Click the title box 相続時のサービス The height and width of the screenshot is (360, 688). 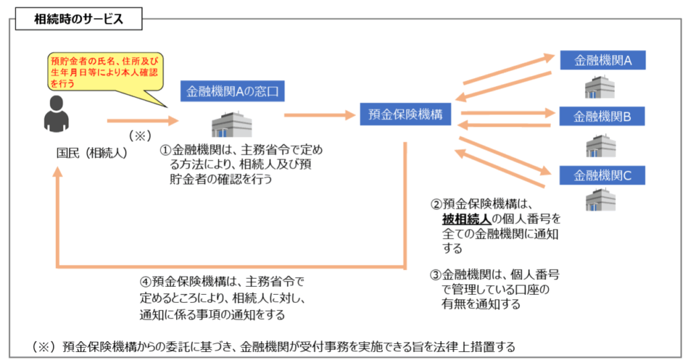point(79,19)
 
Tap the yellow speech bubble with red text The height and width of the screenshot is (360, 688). point(105,73)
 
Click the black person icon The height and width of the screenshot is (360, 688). point(56,114)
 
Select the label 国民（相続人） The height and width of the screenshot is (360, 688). point(91,153)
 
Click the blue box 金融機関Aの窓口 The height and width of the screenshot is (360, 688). point(232,91)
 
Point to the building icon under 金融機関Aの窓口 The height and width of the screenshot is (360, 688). point(232,124)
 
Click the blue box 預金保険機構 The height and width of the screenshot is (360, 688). point(405,114)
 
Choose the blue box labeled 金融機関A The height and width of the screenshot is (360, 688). point(603,60)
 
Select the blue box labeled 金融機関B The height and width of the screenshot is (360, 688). point(602,116)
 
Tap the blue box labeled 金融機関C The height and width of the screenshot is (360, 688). point(602,175)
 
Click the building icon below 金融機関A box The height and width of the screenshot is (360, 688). point(600,87)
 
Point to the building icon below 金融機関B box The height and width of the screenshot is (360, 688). point(601,146)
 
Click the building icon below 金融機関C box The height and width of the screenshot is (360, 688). point(601,199)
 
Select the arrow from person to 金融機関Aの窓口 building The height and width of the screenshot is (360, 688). point(143,121)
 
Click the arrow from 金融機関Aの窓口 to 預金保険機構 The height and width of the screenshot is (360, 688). point(320,116)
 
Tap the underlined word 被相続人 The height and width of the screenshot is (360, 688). point(466,219)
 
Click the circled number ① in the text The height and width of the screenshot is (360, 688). point(165,150)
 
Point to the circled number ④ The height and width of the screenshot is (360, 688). point(145,281)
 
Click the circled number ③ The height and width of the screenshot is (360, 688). point(435,275)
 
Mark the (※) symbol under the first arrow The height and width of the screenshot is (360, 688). point(140,136)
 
